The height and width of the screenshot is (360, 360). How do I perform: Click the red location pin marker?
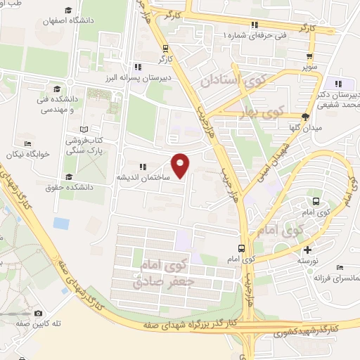click(x=181, y=165)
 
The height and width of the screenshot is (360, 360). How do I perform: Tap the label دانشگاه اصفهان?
click(x=96, y=20)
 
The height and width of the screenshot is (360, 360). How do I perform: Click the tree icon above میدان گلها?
click(x=304, y=117)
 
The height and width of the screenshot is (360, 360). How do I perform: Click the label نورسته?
click(x=307, y=260)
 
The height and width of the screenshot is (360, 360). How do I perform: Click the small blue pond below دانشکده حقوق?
click(x=61, y=224)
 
